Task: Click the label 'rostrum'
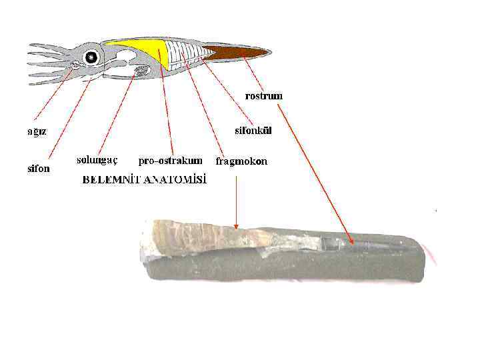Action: tap(263, 96)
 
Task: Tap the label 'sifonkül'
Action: tap(254, 131)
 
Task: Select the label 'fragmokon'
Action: tap(241, 161)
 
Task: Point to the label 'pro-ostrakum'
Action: tap(170, 161)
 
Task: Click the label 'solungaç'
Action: tap(97, 160)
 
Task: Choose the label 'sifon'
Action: tap(38, 169)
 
